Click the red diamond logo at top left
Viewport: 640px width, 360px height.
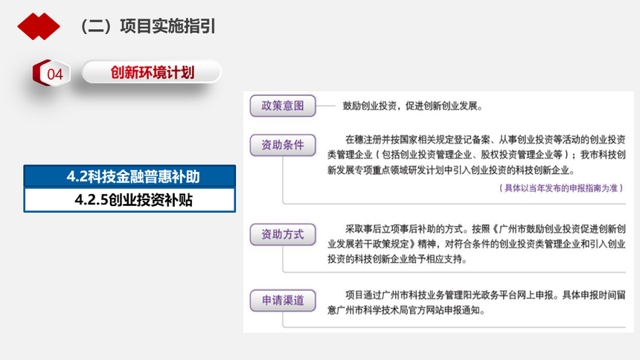pyautogui.click(x=39, y=27)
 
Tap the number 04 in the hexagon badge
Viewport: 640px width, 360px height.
pyautogui.click(x=54, y=74)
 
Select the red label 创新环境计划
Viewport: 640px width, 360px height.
pyautogui.click(x=152, y=73)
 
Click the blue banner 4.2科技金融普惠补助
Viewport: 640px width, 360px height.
pyautogui.click(x=129, y=176)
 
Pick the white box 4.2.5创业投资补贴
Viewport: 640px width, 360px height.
pyautogui.click(x=129, y=200)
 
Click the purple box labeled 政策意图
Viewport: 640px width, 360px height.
pyautogui.click(x=283, y=106)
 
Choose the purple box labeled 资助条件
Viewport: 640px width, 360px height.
pyautogui.click(x=283, y=145)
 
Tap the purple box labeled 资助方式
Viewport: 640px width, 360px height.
pyautogui.click(x=283, y=234)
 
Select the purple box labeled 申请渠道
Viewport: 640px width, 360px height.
pyautogui.click(x=283, y=300)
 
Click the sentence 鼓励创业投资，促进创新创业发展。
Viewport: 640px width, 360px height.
pyautogui.click(x=413, y=106)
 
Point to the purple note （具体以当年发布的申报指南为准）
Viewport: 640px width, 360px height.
pyautogui.click(x=561, y=188)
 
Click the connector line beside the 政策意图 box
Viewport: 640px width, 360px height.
pyautogui.click(x=326, y=106)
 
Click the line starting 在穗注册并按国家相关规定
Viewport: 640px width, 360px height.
pyautogui.click(x=485, y=140)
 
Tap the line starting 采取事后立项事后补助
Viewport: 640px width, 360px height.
pyautogui.click(x=485, y=229)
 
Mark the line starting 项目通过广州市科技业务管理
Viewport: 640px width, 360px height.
pyautogui.click(x=485, y=295)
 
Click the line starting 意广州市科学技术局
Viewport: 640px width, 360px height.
pyautogui.click(x=406, y=310)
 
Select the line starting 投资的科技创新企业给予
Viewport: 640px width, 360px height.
pyautogui.click(x=397, y=259)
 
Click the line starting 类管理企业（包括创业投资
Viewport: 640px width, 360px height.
pyautogui.click(x=476, y=155)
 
